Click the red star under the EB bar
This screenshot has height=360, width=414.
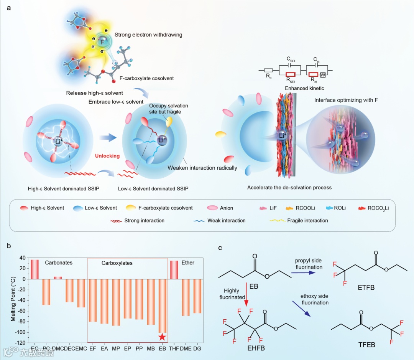point(163,337)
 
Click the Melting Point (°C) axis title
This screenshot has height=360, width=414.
point(13,301)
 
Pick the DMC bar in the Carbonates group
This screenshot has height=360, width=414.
point(58,277)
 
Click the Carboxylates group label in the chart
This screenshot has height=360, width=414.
point(117,263)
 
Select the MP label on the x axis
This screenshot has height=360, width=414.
point(116,348)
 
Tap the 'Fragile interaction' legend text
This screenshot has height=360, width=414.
point(308,221)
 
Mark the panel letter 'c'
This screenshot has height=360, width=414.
point(220,248)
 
